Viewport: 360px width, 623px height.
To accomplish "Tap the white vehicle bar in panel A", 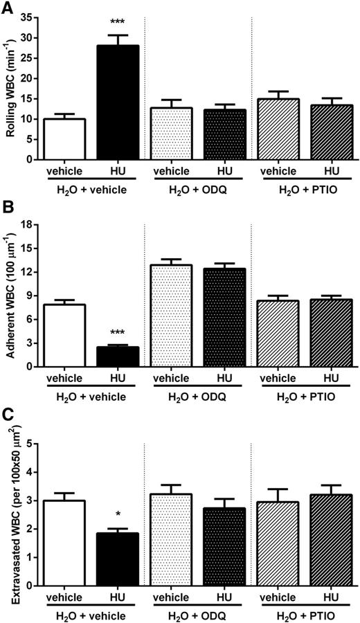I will [x=64, y=138].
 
